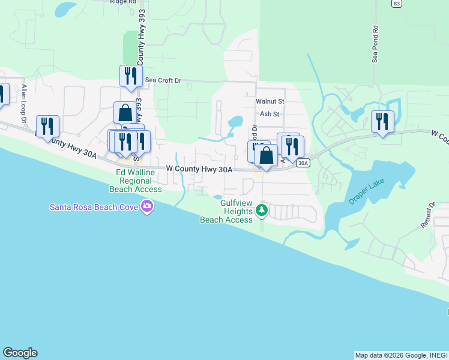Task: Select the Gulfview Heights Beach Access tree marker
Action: pos(261,211)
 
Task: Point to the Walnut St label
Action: pos(270,102)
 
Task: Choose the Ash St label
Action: pos(270,114)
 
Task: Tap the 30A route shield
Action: pos(303,163)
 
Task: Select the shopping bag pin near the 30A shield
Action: pos(266,156)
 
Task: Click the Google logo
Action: pos(20,353)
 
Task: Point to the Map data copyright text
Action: pos(400,355)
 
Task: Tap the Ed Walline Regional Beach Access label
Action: pos(136,181)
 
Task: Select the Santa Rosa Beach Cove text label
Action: pos(94,208)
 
